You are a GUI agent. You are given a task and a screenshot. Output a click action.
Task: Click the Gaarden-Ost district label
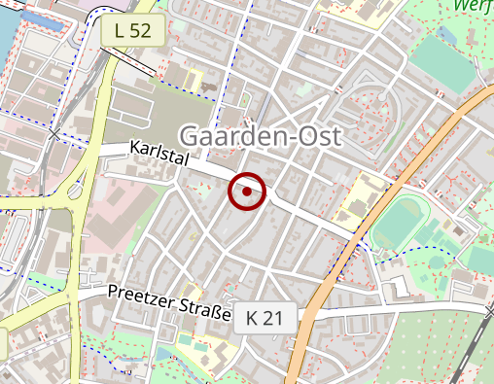tap(261, 136)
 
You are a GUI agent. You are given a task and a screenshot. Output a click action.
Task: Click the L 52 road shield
tap(131, 30)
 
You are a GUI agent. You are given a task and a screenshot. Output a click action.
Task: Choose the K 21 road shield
tap(264, 317)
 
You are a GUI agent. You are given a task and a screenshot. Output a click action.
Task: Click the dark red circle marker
tap(247, 192)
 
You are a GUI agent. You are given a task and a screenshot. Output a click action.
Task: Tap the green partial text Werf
tap(474, 6)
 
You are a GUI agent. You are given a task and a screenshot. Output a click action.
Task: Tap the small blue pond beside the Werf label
tap(446, 34)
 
